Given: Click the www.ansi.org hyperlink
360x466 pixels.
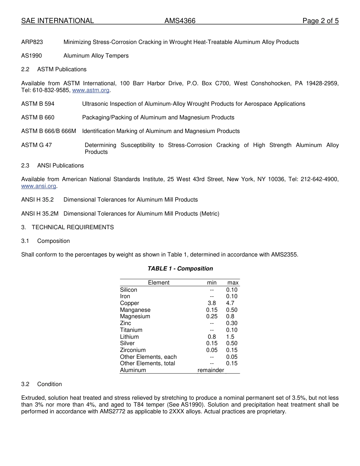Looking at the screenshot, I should click(x=39, y=186).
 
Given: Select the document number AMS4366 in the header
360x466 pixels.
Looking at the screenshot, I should click(x=180, y=21).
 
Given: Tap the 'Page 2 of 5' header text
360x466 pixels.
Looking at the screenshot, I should click(x=320, y=21).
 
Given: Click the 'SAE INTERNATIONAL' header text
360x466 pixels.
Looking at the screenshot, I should click(x=58, y=21).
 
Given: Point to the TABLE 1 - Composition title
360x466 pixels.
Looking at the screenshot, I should click(x=180, y=269).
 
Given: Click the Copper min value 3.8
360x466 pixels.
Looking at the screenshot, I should click(x=211, y=303).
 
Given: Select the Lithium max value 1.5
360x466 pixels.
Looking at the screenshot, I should click(x=230, y=337).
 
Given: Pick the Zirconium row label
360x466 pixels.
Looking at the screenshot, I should click(x=133, y=350).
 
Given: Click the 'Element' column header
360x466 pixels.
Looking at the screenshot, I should click(x=159, y=283).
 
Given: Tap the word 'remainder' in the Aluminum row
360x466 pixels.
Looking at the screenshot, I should click(x=211, y=370).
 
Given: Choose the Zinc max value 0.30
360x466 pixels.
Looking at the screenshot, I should click(x=232, y=323).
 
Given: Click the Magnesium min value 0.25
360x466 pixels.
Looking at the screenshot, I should click(x=212, y=316).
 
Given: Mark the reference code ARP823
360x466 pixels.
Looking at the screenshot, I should click(x=32, y=42).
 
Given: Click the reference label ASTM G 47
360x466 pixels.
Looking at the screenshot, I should click(x=36, y=145).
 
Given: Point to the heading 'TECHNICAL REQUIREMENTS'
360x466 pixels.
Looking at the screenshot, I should click(x=73, y=227).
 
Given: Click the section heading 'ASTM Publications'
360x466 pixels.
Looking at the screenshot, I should click(x=62, y=69).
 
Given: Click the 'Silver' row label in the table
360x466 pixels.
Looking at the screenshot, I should click(x=127, y=343).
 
